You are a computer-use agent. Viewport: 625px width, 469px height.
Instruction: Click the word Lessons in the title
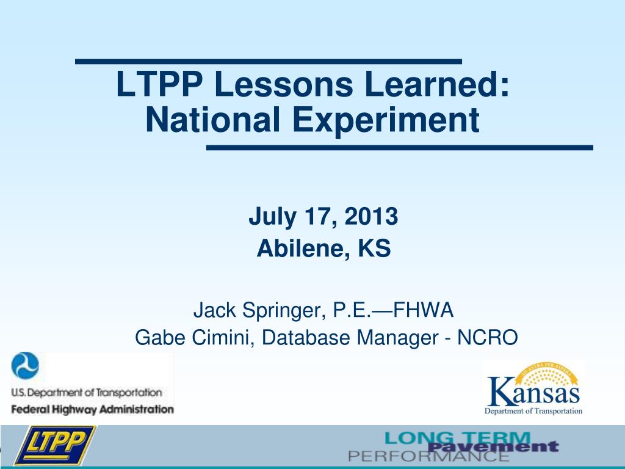click(283, 84)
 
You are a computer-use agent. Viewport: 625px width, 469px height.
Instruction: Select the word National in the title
click(213, 120)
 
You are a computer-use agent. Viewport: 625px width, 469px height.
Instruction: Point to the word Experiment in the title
click(386, 122)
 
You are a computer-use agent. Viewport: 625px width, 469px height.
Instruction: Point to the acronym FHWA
click(424, 310)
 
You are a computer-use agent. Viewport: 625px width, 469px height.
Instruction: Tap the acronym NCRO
click(488, 337)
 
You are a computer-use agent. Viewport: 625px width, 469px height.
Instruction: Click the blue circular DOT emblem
click(25, 366)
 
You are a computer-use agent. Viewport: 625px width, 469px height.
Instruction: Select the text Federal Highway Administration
click(93, 410)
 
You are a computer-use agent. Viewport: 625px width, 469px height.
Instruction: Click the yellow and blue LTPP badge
click(54, 445)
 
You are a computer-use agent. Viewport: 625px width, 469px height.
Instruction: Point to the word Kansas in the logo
click(533, 393)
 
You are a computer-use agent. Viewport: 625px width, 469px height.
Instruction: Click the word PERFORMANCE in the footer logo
click(428, 456)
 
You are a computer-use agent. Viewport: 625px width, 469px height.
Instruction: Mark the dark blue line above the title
click(269, 62)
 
